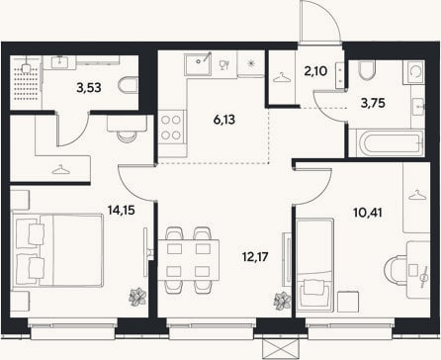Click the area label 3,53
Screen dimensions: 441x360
pyautogui.click(x=89, y=88)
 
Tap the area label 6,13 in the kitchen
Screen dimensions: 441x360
pyautogui.click(x=224, y=120)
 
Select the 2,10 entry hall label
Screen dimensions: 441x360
pyautogui.click(x=315, y=71)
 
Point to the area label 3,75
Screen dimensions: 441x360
pyautogui.click(x=373, y=103)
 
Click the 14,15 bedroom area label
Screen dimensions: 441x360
pyautogui.click(x=122, y=210)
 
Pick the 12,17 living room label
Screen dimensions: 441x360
pyautogui.click(x=255, y=256)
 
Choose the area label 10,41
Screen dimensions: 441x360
pyautogui.click(x=368, y=213)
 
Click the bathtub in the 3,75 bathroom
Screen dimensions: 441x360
pyautogui.click(x=386, y=143)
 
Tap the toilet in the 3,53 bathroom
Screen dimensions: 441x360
pyautogui.click(x=128, y=86)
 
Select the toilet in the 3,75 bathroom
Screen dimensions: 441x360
pyautogui.click(x=366, y=70)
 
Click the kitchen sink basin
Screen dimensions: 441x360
pyautogui.click(x=198, y=65)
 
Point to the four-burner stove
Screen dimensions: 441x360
pyautogui.click(x=171, y=127)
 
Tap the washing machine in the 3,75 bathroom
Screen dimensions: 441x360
pyautogui.click(x=415, y=71)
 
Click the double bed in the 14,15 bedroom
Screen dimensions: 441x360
pyautogui.click(x=57, y=249)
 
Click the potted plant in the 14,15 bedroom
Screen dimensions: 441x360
pyautogui.click(x=137, y=297)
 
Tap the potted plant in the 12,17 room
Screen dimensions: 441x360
pyautogui.click(x=283, y=301)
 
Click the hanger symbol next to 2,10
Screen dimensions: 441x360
pyautogui.click(x=282, y=77)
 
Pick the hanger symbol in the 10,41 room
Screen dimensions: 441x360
pyautogui.click(x=417, y=195)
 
